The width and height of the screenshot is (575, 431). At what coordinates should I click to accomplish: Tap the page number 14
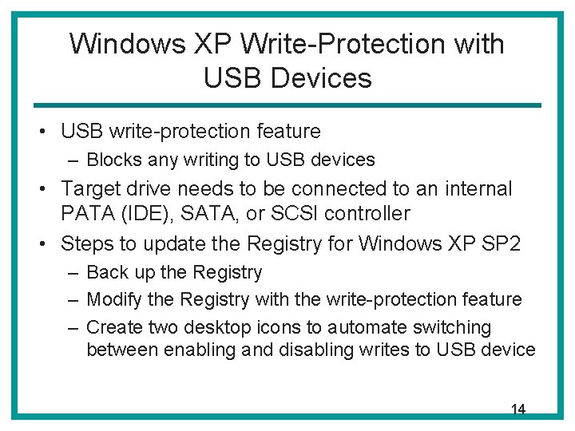pos(517,409)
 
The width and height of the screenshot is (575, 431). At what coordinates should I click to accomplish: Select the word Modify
pos(113,299)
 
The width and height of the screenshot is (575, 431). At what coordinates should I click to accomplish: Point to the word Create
pos(113,327)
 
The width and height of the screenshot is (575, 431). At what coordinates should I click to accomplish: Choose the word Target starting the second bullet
pos(90,189)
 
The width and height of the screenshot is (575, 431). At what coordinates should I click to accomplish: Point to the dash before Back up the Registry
pos(73,273)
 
